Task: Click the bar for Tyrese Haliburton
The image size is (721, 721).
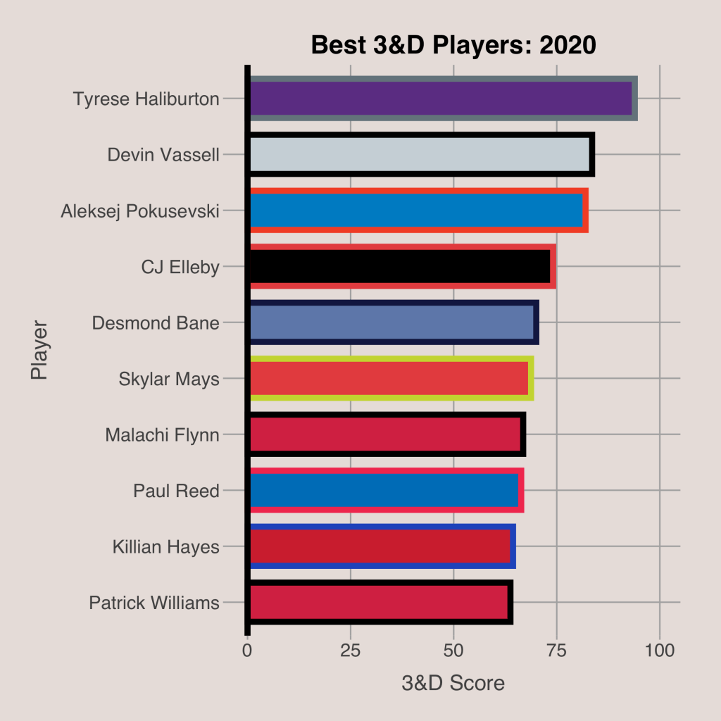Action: click(442, 99)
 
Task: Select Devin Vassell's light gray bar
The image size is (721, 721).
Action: click(420, 154)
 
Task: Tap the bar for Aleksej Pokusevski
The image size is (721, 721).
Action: click(418, 210)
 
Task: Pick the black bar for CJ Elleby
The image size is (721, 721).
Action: click(401, 266)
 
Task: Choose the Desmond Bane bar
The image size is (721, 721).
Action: click(393, 322)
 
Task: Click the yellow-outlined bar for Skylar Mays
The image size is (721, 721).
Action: click(390, 378)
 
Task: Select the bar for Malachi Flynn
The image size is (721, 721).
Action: click(387, 434)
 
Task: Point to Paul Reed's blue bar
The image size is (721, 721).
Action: click(385, 490)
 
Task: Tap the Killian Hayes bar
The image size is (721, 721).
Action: click(381, 546)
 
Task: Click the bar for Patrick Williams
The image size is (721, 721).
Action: click(380, 602)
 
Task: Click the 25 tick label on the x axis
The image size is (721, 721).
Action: click(351, 649)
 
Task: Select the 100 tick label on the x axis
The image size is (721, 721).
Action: click(660, 649)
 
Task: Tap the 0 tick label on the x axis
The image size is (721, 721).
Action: click(247, 649)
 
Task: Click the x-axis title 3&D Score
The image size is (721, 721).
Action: click(453, 683)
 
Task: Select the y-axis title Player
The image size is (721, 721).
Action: click(39, 351)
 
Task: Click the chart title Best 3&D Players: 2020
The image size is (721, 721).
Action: click(453, 46)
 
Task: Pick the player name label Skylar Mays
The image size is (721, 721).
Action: click(169, 379)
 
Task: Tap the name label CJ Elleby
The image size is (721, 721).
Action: click(180, 267)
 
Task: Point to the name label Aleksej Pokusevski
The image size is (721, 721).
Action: click(140, 211)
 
